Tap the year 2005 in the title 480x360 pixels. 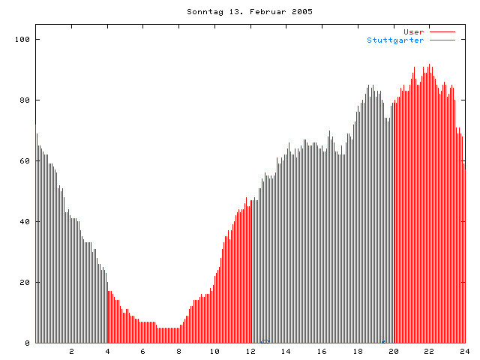pyautogui.click(x=301, y=12)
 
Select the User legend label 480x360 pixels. pyautogui.click(x=414, y=31)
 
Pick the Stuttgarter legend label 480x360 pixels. pyautogui.click(x=395, y=40)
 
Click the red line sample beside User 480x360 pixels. pyautogui.click(x=442, y=31)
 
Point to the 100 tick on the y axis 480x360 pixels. pyautogui.click(x=22, y=39)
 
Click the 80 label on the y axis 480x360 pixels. pyautogui.click(x=24, y=100)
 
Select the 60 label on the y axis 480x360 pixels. pyautogui.click(x=24, y=160)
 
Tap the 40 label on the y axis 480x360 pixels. pyautogui.click(x=24, y=221)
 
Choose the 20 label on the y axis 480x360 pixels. pyautogui.click(x=24, y=282)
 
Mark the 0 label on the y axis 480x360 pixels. pyautogui.click(x=27, y=343)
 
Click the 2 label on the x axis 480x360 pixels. pyautogui.click(x=72, y=351)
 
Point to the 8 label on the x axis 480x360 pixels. pyautogui.click(x=179, y=351)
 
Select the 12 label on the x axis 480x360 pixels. pyautogui.click(x=250, y=351)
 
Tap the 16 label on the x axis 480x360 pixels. pyautogui.click(x=322, y=351)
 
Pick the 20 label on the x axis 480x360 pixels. pyautogui.click(x=393, y=351)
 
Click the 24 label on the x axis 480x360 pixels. pyautogui.click(x=464, y=351)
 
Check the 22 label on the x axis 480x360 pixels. pyautogui.click(x=429, y=351)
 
